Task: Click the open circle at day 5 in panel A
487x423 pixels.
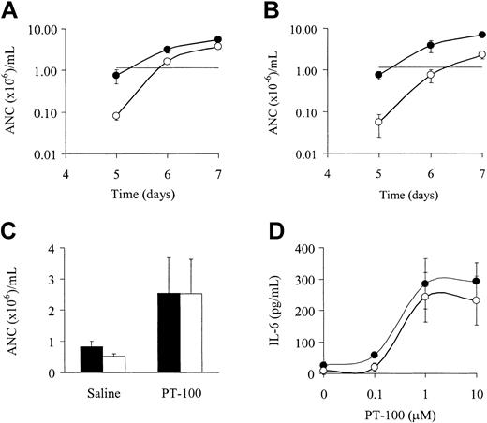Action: click(117, 116)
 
